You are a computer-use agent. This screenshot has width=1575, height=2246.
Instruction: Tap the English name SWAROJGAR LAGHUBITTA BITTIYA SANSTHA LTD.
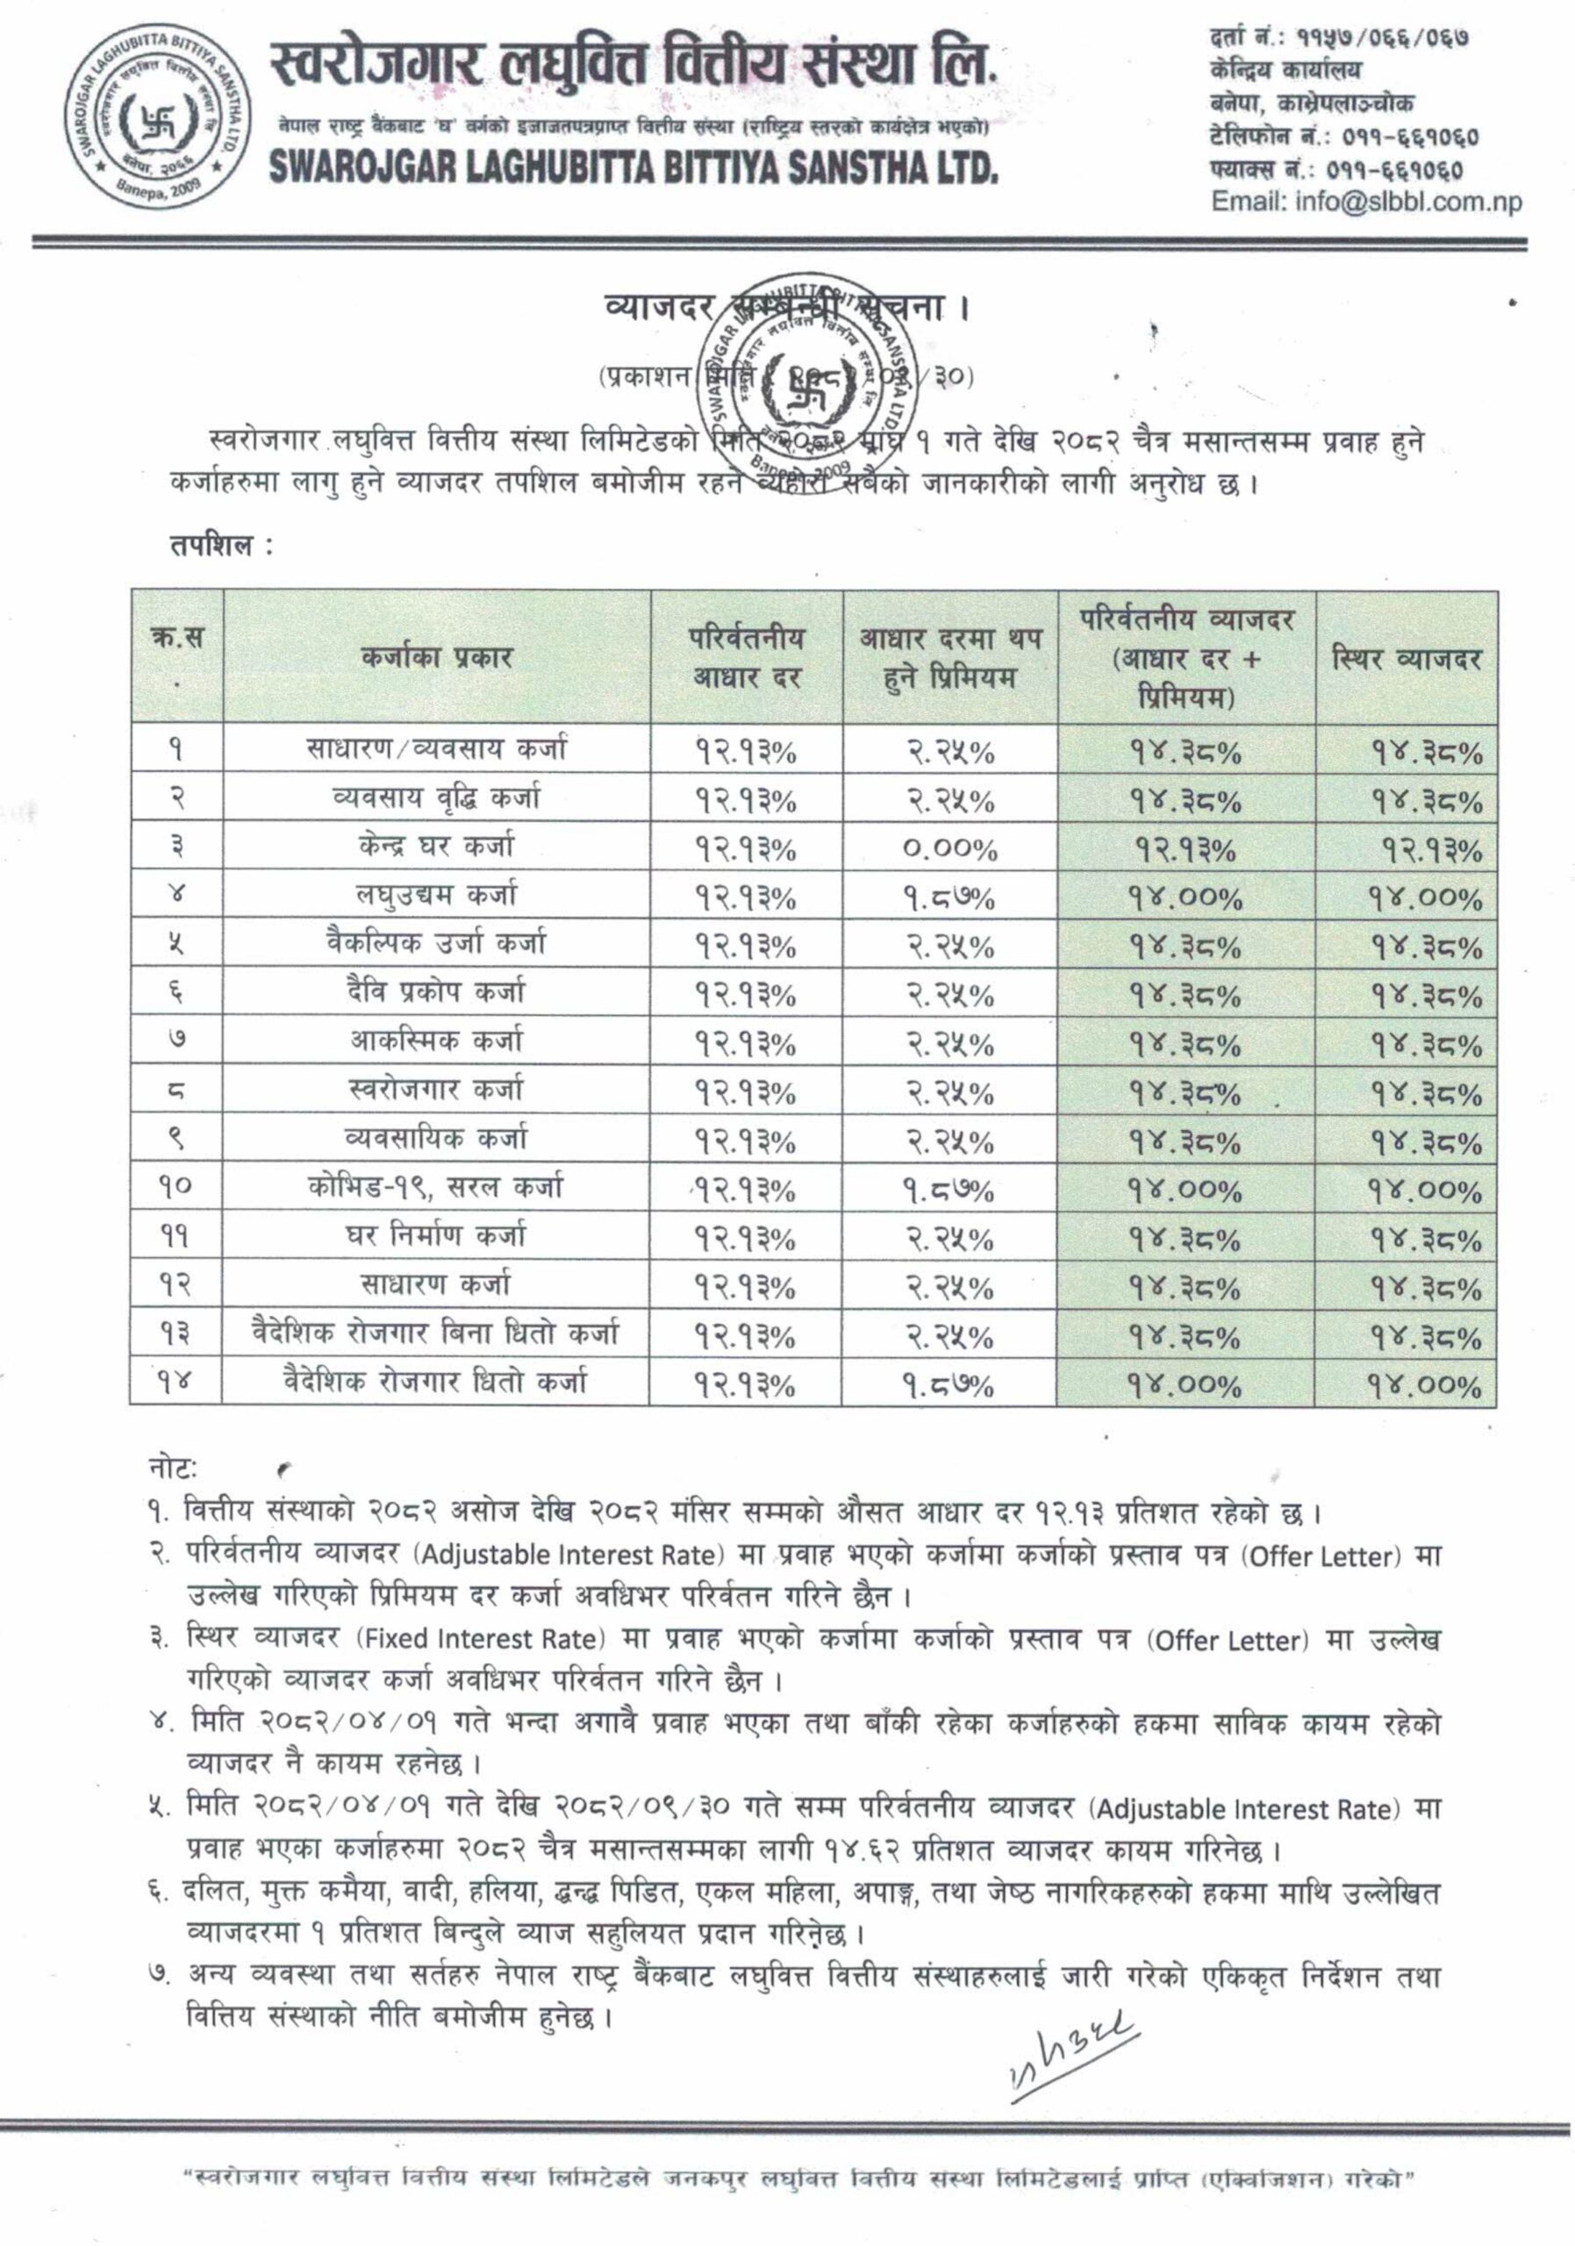point(634,168)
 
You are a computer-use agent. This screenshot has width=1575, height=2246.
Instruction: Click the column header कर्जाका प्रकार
point(436,656)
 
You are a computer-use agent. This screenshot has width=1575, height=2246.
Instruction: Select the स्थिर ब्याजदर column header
point(1406,658)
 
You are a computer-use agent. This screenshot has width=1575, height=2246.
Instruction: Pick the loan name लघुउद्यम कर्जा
point(436,896)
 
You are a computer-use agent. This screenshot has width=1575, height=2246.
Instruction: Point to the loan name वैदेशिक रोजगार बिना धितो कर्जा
point(436,1334)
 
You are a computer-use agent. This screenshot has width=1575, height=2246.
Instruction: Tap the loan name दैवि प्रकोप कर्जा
point(436,993)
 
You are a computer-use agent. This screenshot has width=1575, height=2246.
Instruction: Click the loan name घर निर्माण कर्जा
point(436,1236)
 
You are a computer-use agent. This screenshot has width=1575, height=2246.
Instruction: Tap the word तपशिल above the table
point(216,545)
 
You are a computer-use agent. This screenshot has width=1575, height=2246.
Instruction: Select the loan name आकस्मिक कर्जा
point(436,1041)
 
